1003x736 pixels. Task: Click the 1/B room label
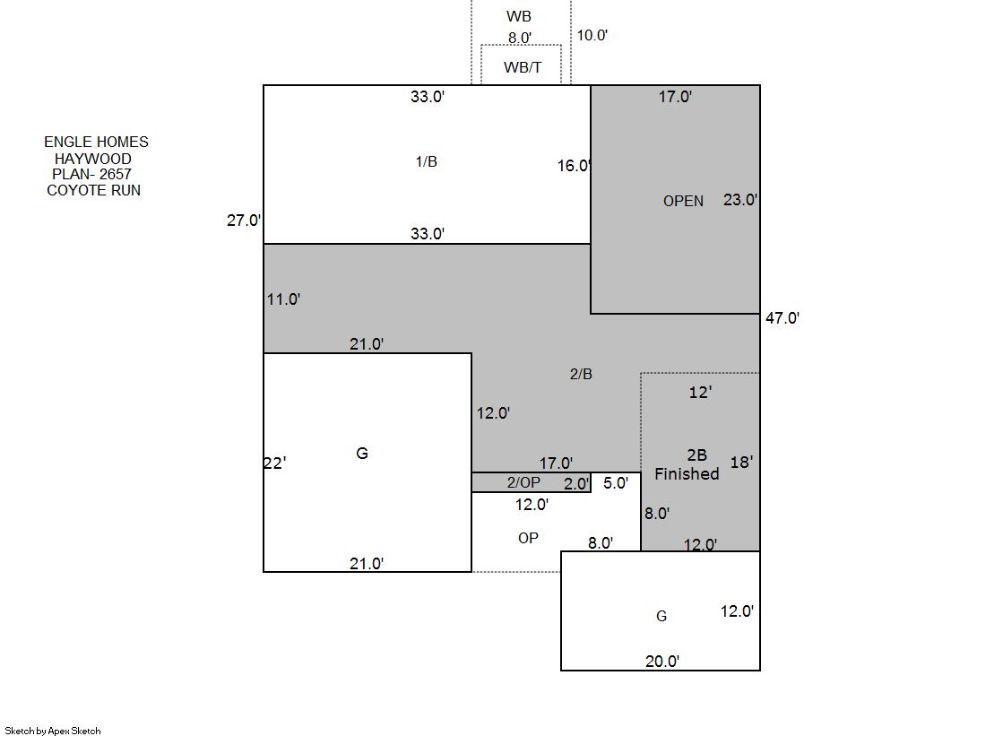coord(426,162)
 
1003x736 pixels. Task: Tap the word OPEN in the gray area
coord(683,201)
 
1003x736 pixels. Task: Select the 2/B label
coord(581,374)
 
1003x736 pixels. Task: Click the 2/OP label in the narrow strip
coord(523,482)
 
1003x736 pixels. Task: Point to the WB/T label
coord(523,67)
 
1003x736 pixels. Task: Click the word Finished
coord(687,473)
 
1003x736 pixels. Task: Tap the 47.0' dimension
coord(783,318)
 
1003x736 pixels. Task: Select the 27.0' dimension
coord(244,221)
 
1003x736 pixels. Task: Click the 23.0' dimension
coord(740,200)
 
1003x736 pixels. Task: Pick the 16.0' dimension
coord(574,166)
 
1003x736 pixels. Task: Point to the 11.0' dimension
coord(283,299)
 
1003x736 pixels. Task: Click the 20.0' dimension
coord(662,661)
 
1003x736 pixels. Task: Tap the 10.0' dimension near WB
coord(592,35)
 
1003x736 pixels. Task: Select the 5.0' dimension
coord(616,483)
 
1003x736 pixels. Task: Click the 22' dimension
coord(274,463)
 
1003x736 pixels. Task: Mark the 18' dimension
coord(741,462)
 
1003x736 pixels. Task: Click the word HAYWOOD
coord(92,159)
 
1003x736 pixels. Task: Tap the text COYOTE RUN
coord(93,190)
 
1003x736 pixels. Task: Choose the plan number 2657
coord(115,174)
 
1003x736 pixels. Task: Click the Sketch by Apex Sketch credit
coord(53,731)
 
